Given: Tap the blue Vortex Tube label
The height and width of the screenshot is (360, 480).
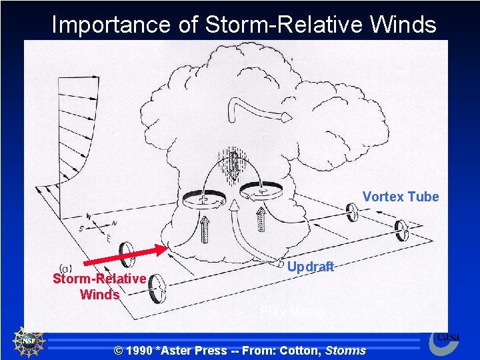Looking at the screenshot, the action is [401, 197].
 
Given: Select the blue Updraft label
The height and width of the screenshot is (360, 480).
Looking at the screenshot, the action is [311, 267].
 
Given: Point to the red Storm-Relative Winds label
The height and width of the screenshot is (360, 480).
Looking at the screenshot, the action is [99, 286].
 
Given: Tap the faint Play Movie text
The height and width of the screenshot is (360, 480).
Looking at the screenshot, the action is [292, 311].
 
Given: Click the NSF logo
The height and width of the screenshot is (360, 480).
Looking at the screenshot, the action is [27, 341].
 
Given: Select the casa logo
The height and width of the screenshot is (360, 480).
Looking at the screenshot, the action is [443, 341].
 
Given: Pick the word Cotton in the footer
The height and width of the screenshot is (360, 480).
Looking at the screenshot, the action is [300, 350].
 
